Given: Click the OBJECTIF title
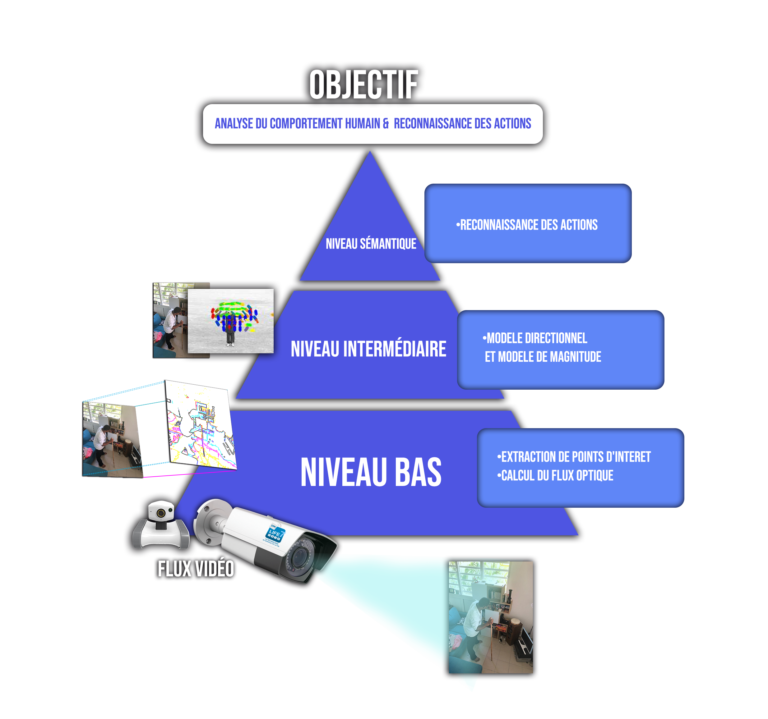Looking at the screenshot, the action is click(363, 85).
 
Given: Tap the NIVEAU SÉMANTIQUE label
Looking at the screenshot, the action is click(371, 244).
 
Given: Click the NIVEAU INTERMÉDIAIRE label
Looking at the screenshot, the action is click(368, 349).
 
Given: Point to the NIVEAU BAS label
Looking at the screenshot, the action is click(371, 472).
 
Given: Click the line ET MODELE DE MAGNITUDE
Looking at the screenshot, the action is click(543, 357).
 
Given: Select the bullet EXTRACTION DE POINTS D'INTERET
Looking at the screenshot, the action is click(574, 457).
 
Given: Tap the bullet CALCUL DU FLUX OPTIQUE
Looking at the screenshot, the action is click(555, 475).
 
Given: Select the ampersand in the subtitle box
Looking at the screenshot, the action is click(386, 124).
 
